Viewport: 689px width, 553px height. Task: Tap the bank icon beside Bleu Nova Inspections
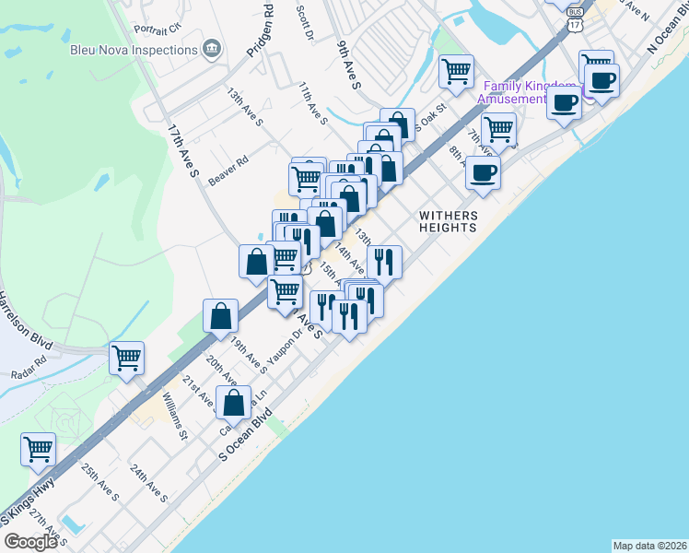tap(211, 48)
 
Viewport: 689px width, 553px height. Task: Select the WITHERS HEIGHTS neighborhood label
tap(449, 221)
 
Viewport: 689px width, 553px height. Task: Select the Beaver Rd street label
tap(228, 171)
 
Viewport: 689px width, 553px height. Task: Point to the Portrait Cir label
tap(157, 29)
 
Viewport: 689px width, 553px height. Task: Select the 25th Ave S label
tap(100, 483)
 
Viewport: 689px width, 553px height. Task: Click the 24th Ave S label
tap(148, 483)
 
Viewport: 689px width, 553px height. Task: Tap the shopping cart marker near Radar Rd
tap(126, 358)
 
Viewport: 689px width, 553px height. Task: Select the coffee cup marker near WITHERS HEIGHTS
tap(483, 172)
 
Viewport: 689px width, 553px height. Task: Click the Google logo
tap(30, 542)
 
